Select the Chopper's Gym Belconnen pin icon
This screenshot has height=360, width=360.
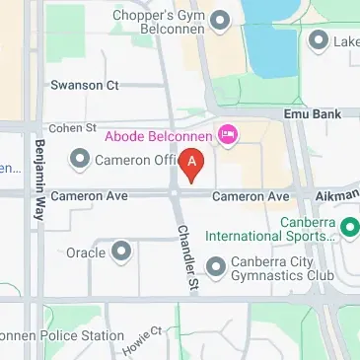220,20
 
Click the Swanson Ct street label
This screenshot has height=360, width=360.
85,85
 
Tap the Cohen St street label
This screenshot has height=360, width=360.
73,128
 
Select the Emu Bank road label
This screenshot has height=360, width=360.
314,114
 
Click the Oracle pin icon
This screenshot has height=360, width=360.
121,252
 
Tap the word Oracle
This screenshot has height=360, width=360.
86,252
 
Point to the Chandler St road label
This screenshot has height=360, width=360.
188,255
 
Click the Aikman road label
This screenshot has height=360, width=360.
337,197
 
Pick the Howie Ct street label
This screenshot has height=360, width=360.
140,341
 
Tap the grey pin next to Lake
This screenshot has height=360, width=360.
318,40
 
